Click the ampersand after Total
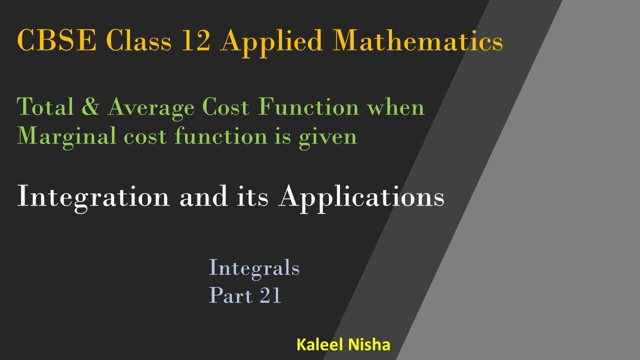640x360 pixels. (89, 108)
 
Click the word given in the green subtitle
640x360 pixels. (328, 136)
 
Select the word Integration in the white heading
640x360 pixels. (93, 197)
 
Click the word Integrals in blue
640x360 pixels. (254, 269)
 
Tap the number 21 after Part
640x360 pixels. (270, 295)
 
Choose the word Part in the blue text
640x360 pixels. (231, 295)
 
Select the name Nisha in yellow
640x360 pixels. (369, 345)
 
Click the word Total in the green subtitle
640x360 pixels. (44, 108)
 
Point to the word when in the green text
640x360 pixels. (397, 108)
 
